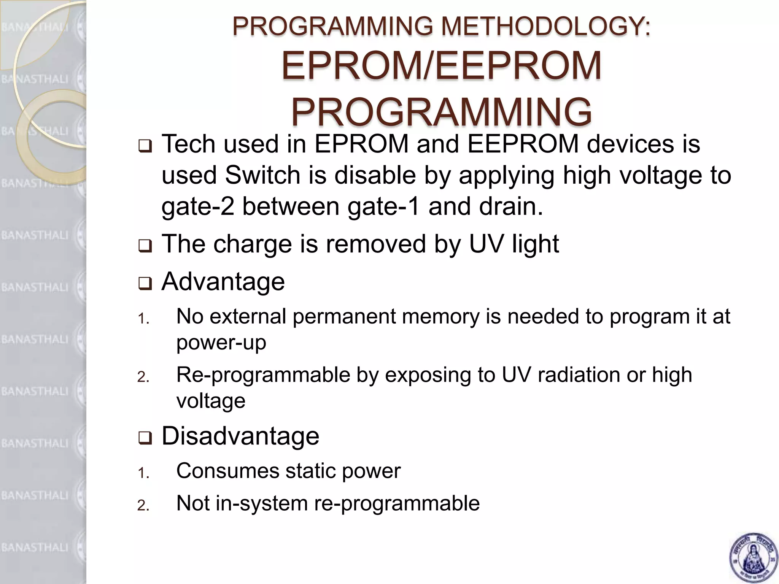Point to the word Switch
[263, 176]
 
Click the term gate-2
[198, 207]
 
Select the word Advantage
[223, 282]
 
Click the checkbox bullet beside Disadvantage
[145, 438]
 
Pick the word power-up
[221, 342]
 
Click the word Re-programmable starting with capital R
[263, 375]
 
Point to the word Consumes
[228, 471]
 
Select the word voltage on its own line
[211, 401]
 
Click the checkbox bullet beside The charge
[145, 246]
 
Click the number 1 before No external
[143, 319]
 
